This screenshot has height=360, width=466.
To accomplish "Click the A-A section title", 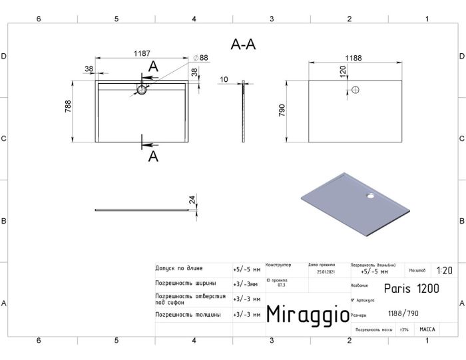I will (x=243, y=44).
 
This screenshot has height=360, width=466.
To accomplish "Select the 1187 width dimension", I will (x=140, y=53).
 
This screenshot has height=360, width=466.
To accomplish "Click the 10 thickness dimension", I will (x=224, y=80).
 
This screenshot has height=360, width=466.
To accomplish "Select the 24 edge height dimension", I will (x=192, y=200).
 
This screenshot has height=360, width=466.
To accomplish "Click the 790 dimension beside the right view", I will (x=282, y=110).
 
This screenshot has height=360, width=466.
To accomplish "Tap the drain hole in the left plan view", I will (x=142, y=89).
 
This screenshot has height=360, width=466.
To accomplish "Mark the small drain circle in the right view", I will (x=355, y=89).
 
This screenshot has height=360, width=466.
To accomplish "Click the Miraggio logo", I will (x=306, y=314).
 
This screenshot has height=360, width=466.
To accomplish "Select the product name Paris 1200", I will (x=411, y=288).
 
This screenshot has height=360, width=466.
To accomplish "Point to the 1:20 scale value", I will (x=444, y=271).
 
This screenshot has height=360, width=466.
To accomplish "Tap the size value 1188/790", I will (x=403, y=313).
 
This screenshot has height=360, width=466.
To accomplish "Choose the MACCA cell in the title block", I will (x=427, y=329).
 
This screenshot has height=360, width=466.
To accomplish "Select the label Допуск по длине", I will (x=178, y=269).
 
